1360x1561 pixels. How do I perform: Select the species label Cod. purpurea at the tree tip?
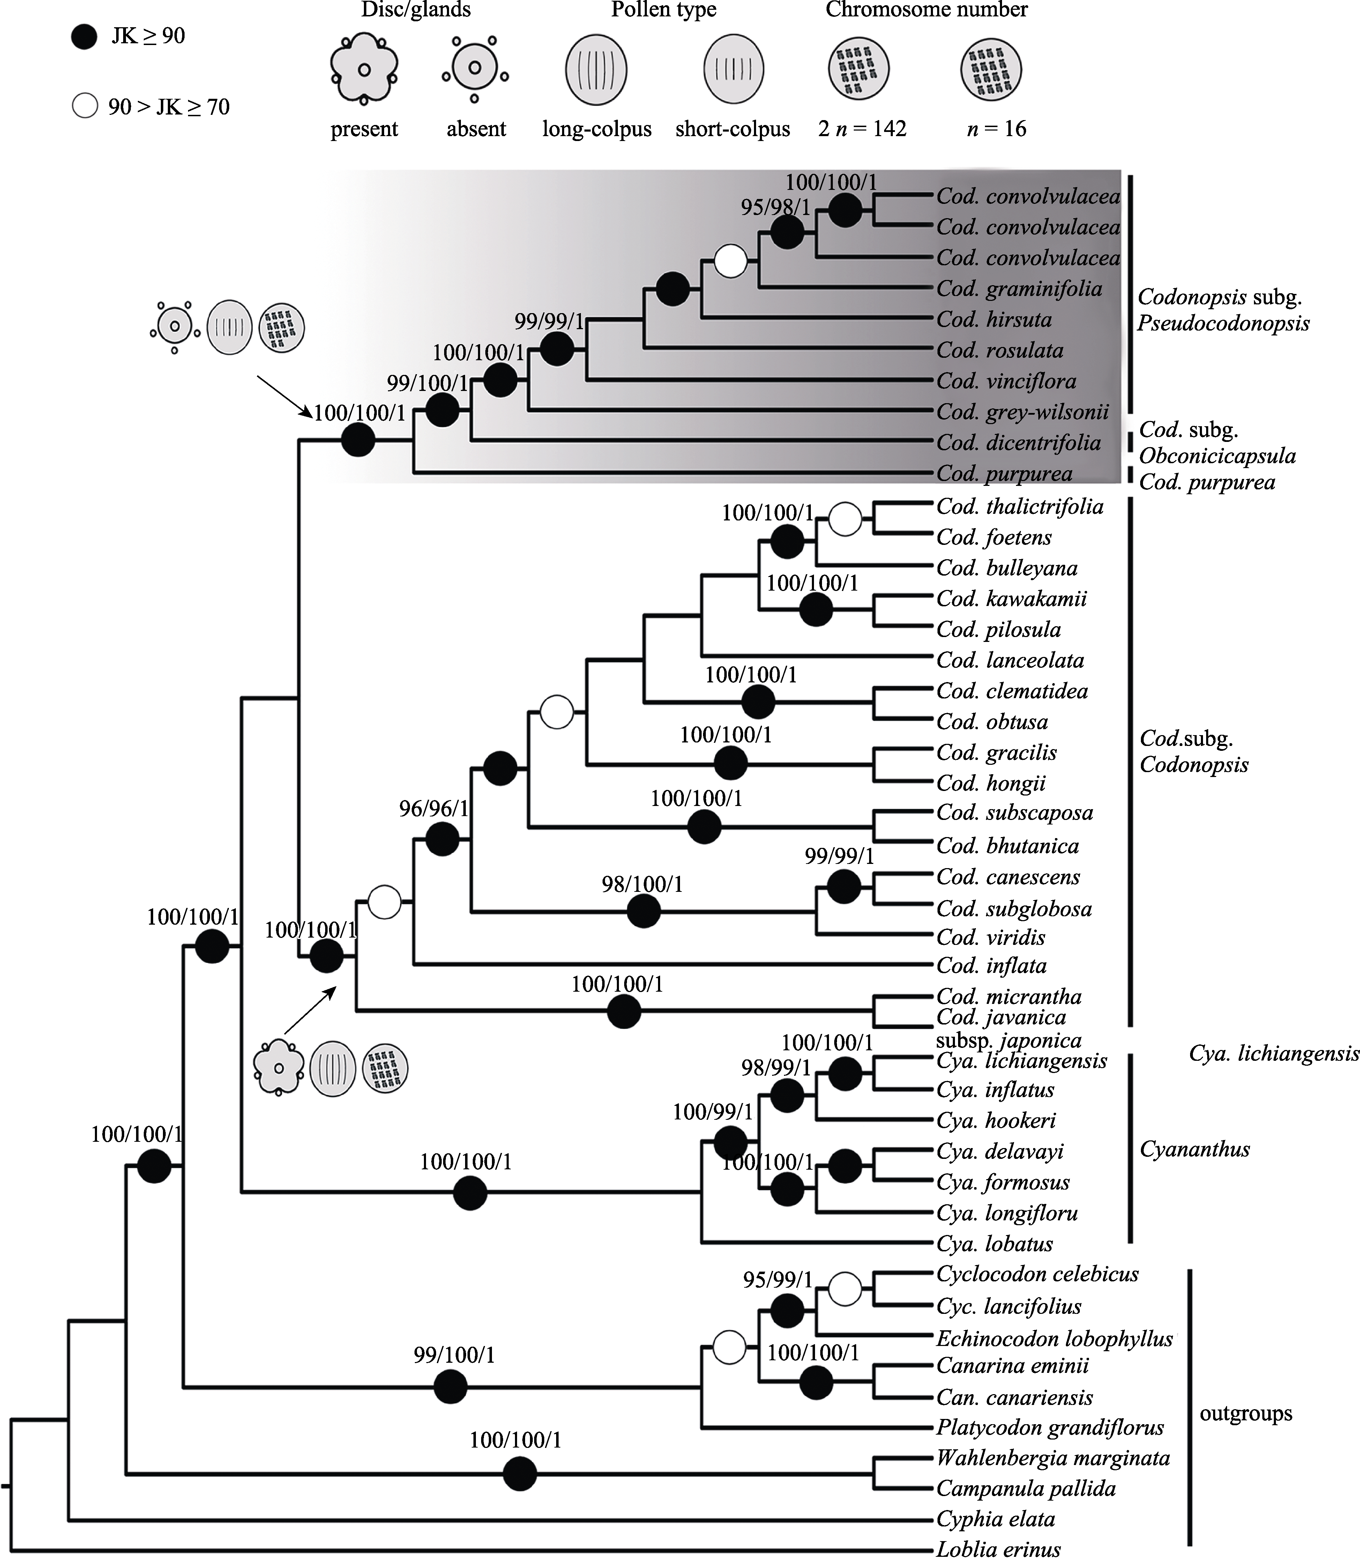[1004, 474]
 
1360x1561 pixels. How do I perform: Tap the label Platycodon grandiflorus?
[1049, 1427]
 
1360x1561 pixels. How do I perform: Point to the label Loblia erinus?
[998, 1549]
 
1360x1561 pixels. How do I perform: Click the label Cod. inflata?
[991, 966]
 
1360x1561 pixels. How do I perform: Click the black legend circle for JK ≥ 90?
[84, 36]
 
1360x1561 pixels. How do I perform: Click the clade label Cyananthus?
[1195, 1149]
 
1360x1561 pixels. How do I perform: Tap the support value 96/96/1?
[434, 808]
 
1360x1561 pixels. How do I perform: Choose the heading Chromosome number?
[927, 10]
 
